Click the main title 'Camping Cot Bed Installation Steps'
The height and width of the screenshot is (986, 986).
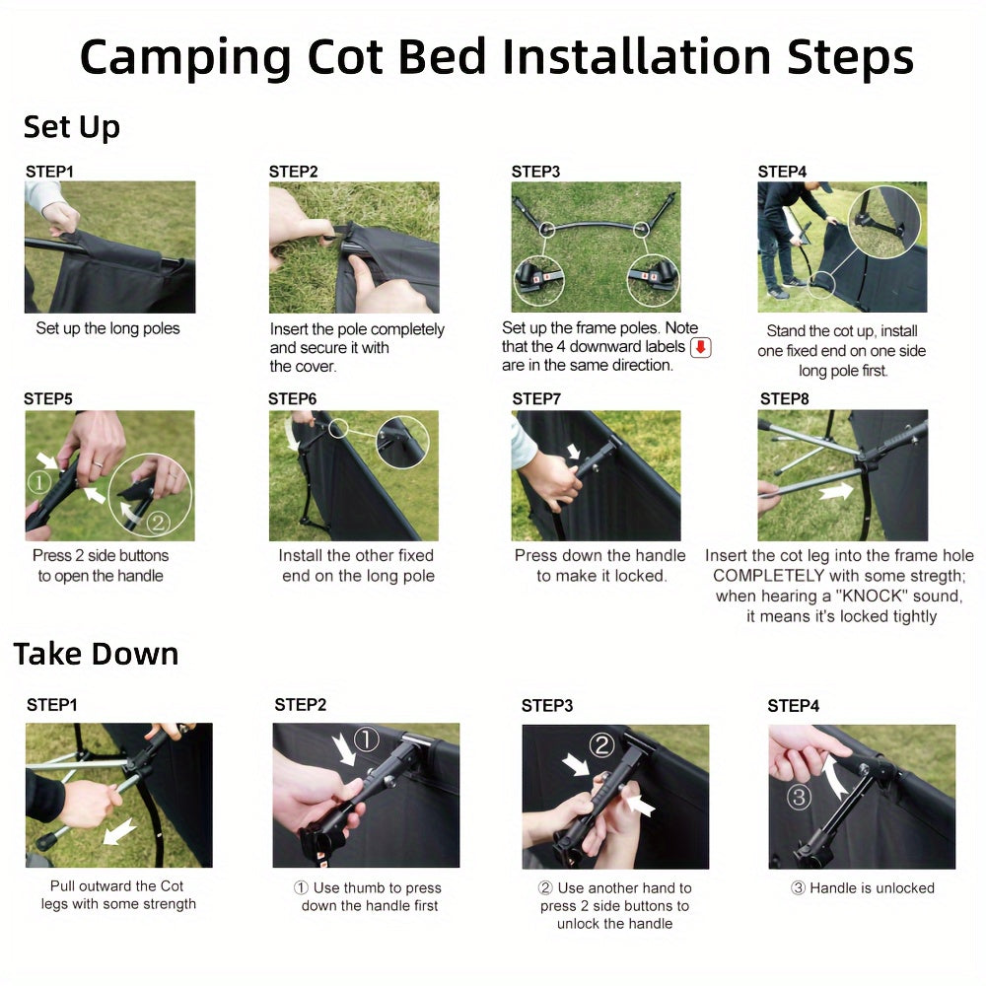497,58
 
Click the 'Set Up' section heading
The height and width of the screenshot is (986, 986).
72,127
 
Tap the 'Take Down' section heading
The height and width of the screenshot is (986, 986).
97,654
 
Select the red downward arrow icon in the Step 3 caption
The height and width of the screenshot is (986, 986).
700,347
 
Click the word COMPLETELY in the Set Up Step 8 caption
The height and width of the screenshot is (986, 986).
768,576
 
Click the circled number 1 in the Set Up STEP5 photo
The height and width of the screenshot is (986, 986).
39,482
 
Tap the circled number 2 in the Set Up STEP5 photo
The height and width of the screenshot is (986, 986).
159,522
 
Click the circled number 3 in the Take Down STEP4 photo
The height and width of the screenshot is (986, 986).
799,798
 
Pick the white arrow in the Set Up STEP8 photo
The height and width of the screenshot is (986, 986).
836,490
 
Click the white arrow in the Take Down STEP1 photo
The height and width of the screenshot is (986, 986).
119,831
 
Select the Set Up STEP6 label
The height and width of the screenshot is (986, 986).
293,398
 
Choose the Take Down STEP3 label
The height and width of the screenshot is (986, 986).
547,706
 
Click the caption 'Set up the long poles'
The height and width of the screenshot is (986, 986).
107,328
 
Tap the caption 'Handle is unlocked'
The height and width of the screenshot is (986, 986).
872,888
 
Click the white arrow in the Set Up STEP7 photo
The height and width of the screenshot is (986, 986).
574,451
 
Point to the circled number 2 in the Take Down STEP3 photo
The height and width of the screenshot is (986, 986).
601,745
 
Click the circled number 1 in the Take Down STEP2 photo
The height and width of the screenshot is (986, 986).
366,739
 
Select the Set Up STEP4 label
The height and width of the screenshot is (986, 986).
782,172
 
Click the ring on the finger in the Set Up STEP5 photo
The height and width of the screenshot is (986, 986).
98,464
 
